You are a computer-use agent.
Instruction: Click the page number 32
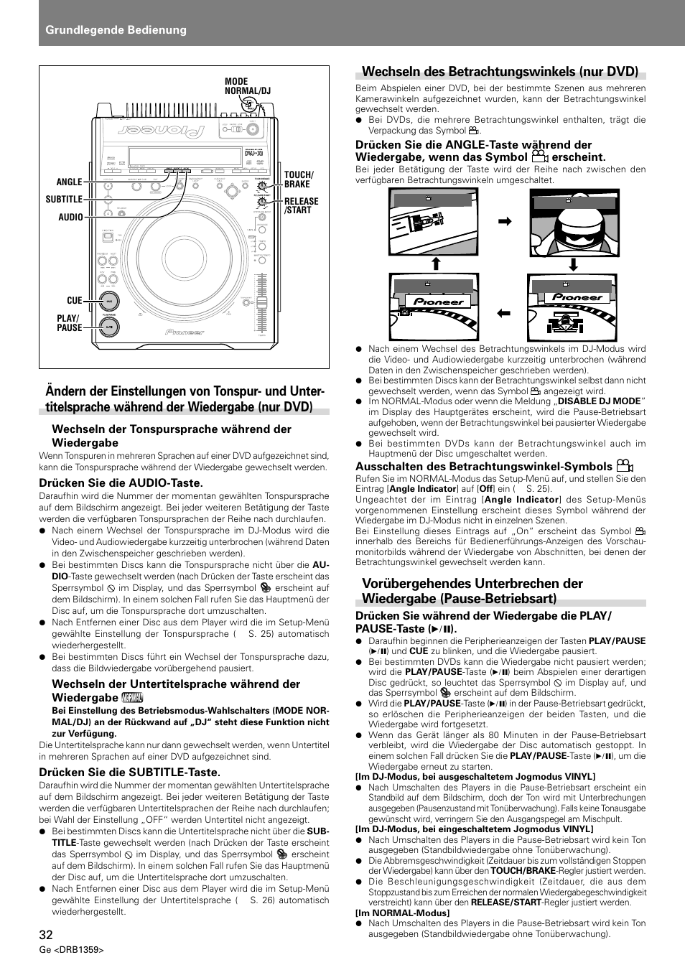[45, 934]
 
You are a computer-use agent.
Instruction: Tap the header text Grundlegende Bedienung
[116, 29]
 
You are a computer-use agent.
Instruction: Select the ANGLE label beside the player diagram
[70, 182]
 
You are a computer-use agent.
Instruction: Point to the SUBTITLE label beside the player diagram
[64, 199]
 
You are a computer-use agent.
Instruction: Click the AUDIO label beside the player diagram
[70, 217]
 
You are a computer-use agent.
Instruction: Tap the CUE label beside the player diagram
[75, 301]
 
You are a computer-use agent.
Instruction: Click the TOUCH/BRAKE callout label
[299, 179]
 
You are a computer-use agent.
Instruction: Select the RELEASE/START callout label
[301, 205]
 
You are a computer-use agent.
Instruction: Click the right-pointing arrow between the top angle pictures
[504, 223]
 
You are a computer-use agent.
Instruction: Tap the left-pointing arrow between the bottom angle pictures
[503, 312]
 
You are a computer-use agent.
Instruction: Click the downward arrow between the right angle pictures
[572, 264]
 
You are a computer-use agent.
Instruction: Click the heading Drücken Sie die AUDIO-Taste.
[121, 482]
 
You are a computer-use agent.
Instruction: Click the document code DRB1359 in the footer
[79, 950]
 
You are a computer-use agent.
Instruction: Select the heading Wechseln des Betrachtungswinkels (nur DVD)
[500, 71]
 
